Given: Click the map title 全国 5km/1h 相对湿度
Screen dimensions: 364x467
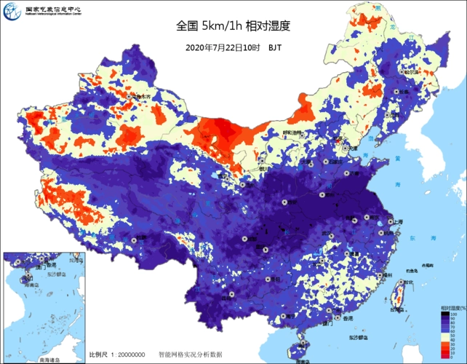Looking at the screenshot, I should click(x=233, y=26).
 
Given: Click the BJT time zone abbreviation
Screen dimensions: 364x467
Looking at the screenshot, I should click(x=275, y=47).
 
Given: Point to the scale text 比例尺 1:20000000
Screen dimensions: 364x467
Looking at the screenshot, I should click(x=117, y=355).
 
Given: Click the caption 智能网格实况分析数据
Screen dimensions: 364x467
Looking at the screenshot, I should click(x=190, y=355).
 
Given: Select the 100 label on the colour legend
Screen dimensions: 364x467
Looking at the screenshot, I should click(x=452, y=314).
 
